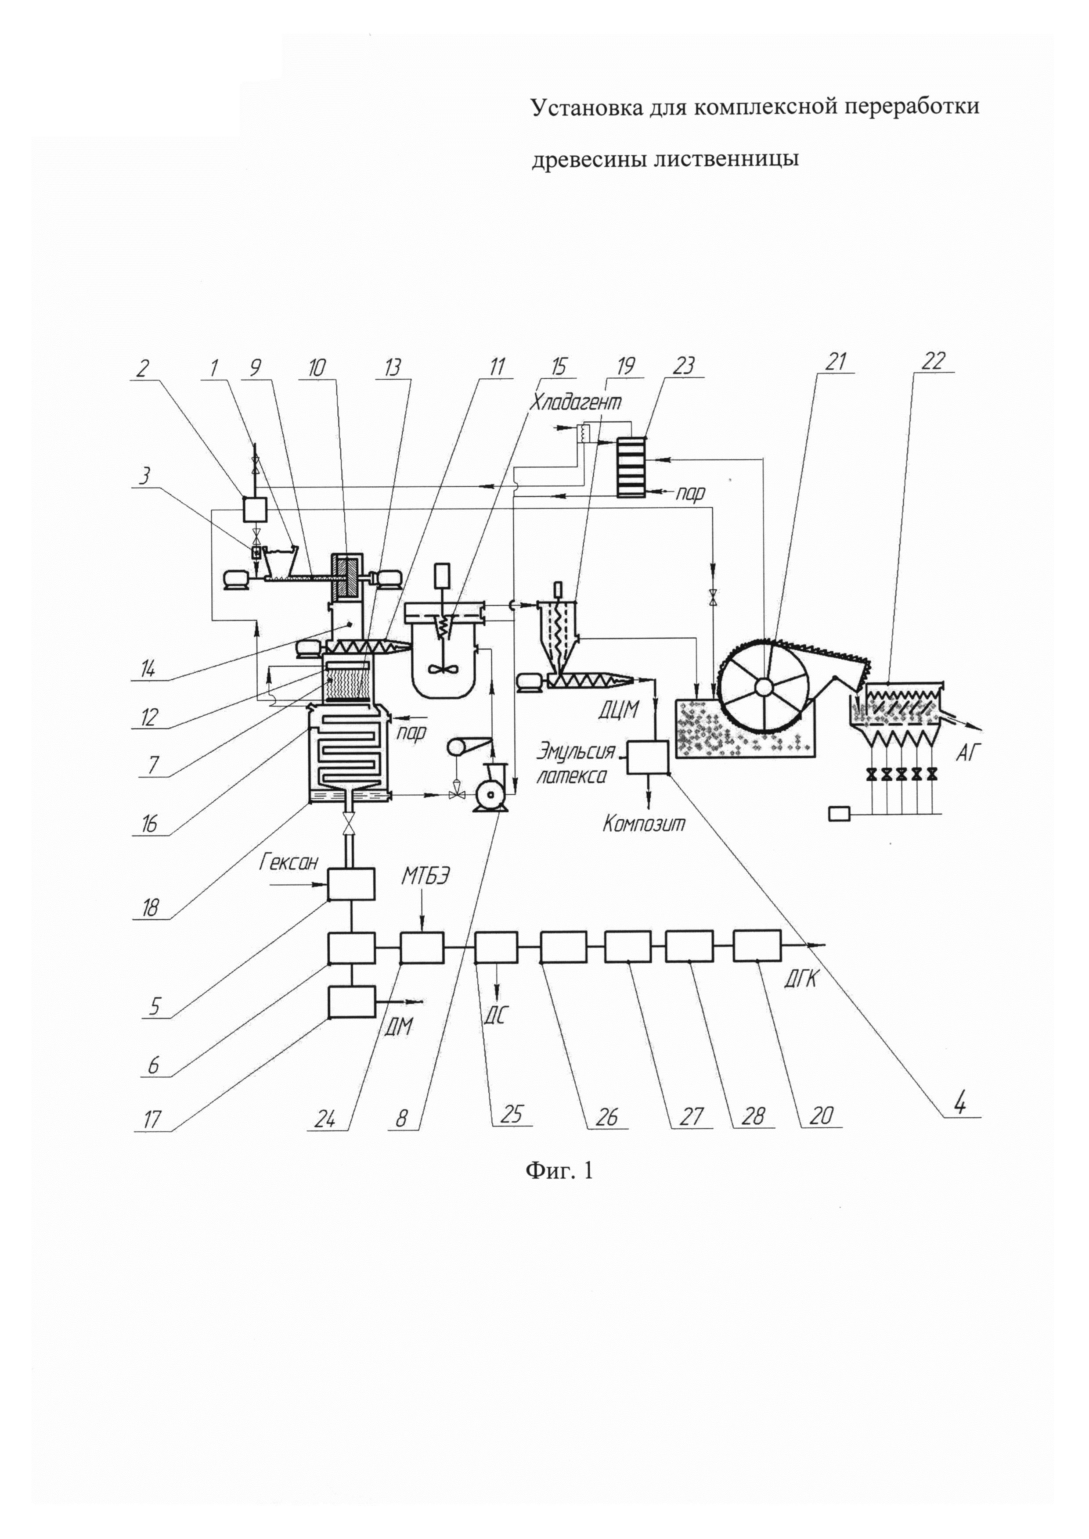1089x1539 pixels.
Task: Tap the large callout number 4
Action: [x=960, y=1103]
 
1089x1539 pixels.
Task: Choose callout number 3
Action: [x=144, y=475]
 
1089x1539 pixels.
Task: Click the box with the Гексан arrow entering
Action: [x=351, y=884]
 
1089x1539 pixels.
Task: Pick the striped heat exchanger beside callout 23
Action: [x=632, y=467]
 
